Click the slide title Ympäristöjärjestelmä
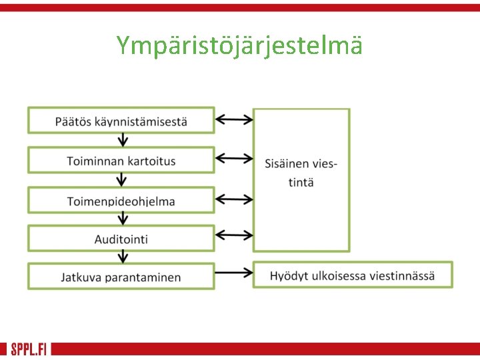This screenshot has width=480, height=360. click(239, 46)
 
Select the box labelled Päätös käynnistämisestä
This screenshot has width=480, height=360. click(121, 121)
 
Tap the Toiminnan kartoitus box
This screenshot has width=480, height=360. click(121, 161)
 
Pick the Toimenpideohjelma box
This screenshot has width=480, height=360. click(121, 201)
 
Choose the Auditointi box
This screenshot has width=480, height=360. click(121, 238)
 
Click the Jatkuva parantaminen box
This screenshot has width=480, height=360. click(121, 277)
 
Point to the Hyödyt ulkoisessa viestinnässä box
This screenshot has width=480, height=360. click(352, 275)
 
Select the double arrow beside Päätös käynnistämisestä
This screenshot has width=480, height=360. click(234, 119)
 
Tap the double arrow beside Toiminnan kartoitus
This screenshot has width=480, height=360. click(234, 159)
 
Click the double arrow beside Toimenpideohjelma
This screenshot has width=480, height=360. click(234, 199)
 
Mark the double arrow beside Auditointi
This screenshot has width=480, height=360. click(234, 235)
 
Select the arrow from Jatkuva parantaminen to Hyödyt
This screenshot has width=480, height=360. click(234, 272)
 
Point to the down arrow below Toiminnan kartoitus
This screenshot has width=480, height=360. click(121, 179)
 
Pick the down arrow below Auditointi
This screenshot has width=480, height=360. click(121, 257)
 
